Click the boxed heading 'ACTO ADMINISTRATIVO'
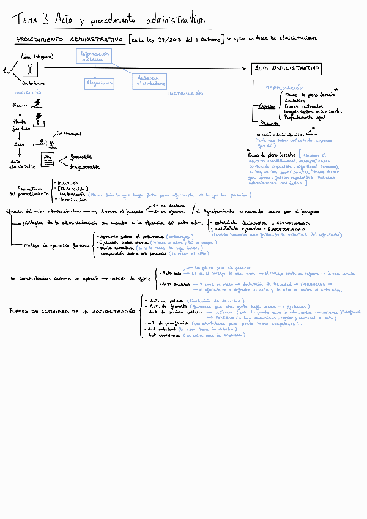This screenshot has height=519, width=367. tap(286, 69)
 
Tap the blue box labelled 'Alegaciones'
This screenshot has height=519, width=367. tap(100, 83)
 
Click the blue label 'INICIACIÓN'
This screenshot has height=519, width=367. tap(28, 92)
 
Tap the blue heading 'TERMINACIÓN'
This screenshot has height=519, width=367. tap(284, 88)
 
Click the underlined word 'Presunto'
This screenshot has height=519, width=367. tap(269, 122)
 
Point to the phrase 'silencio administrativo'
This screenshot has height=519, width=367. tap(280, 134)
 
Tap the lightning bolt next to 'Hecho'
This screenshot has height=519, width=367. tap(39, 103)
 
